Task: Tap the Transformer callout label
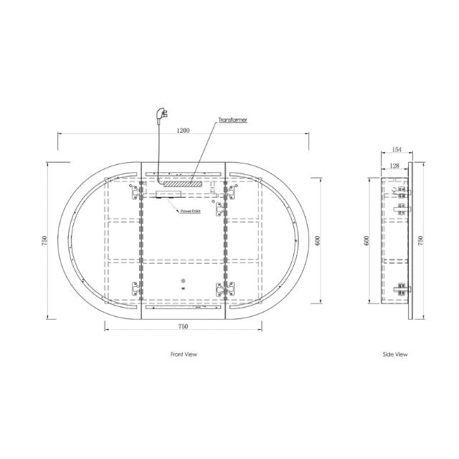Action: coord(233,120)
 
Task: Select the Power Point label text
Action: coord(190,212)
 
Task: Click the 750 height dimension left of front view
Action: coord(44,241)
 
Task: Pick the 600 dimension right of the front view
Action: coord(317,241)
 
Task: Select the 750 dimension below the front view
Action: coord(183,327)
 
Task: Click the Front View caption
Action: coord(184,354)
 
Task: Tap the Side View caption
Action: coord(396,354)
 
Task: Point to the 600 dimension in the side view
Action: coord(368,241)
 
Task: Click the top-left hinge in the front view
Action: coord(135,192)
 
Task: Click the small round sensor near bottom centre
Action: coord(183,281)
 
